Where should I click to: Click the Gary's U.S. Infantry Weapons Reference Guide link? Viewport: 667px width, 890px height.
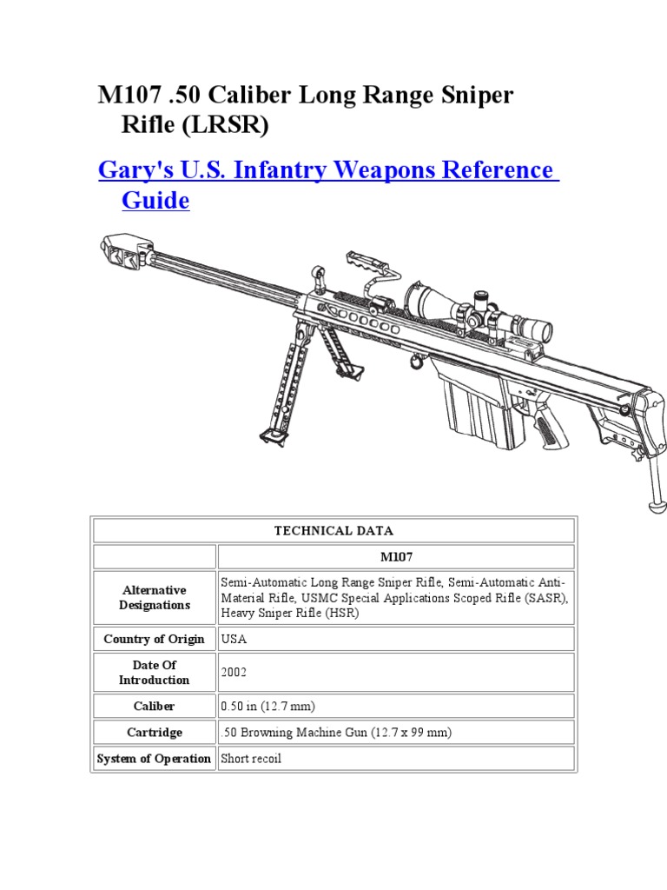(328, 170)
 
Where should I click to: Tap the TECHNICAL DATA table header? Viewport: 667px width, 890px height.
(333, 530)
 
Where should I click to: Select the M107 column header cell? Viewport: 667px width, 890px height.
(395, 556)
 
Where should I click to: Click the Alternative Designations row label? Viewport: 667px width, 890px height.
(155, 597)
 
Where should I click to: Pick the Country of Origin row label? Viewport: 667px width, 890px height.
(155, 639)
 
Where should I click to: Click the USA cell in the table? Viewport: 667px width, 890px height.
(234, 639)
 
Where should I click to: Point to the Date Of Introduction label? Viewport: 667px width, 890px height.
(155, 673)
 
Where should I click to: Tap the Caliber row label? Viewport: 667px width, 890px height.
(155, 707)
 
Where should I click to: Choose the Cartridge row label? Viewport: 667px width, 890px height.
(155, 733)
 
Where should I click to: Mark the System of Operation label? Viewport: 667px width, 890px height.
(155, 759)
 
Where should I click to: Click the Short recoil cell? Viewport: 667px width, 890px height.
(252, 759)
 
